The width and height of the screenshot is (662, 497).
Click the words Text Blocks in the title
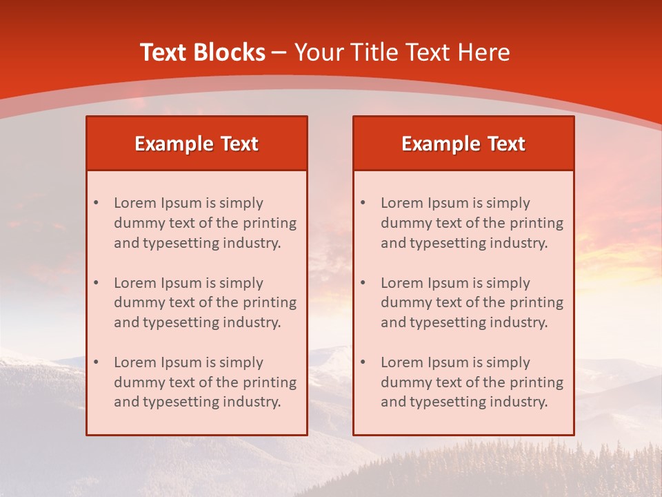pos(202,52)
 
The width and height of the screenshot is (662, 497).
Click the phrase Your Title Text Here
pos(402,52)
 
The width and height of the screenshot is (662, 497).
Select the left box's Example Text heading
pos(197,144)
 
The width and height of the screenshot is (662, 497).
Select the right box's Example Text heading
pos(463,144)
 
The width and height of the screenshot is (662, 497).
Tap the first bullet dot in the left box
pos(96,203)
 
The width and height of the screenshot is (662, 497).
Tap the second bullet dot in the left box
pos(96,283)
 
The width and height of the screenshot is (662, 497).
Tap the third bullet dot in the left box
pos(96,362)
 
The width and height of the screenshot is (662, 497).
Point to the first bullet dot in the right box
pos(363,203)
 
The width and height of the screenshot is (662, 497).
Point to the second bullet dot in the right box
pos(363,283)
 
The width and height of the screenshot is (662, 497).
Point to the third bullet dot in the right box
pos(363,362)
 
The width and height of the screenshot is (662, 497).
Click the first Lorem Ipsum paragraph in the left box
pos(205,223)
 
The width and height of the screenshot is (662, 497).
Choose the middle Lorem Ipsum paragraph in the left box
pos(205,303)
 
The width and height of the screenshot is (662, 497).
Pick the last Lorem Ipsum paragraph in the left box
pos(205,382)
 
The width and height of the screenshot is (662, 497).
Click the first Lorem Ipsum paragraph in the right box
pos(472,223)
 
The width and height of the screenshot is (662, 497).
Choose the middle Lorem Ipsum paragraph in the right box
pos(472,303)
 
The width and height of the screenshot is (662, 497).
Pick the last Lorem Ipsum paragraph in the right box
pos(472,382)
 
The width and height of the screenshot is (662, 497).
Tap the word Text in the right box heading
pos(507,144)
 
